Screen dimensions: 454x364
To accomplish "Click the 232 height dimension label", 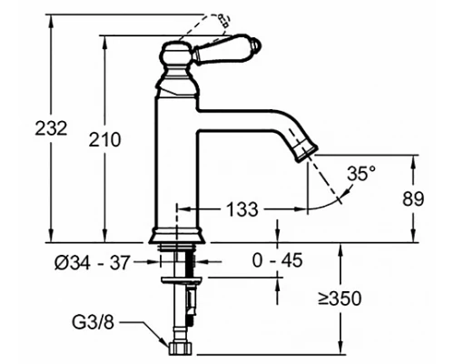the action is tap(51, 128).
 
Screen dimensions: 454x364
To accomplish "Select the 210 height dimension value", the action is tap(104, 140).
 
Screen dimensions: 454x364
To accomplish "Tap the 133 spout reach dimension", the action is tap(242, 209).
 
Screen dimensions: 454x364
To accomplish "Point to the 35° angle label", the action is tap(361, 174).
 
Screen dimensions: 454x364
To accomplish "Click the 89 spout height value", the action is tap(413, 199).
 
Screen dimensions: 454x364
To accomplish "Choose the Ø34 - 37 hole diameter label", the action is tap(92, 262).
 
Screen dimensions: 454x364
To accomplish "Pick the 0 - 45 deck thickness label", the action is tap(277, 260).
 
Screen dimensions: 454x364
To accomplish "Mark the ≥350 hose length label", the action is tap(340, 298).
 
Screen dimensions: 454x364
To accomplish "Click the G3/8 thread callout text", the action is tap(93, 322).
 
